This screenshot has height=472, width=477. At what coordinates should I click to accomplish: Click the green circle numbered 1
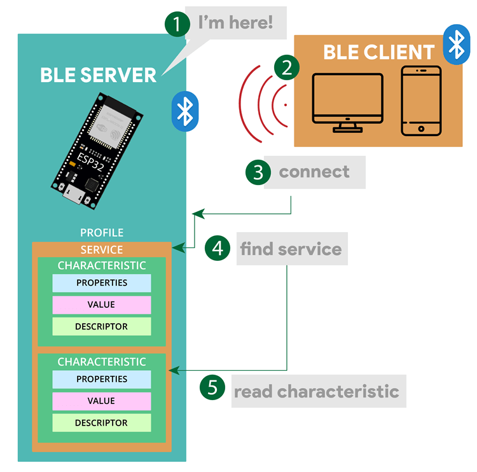pyautogui.click(x=177, y=24)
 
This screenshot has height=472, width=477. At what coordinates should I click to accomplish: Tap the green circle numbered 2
pyautogui.click(x=287, y=68)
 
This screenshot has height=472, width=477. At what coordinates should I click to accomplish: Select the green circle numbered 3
pyautogui.click(x=258, y=172)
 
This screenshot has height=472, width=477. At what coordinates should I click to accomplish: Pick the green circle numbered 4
pyautogui.click(x=218, y=249)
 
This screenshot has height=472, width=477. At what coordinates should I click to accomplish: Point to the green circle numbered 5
pyautogui.click(x=212, y=387)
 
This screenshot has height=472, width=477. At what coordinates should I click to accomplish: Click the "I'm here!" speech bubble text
pyautogui.click(x=235, y=24)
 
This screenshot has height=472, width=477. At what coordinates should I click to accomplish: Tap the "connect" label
pyautogui.click(x=314, y=172)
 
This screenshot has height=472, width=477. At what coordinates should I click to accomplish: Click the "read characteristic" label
pyautogui.click(x=316, y=391)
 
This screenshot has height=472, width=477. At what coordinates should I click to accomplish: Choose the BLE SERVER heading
pyautogui.click(x=98, y=74)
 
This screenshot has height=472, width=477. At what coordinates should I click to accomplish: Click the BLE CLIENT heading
pyautogui.click(x=378, y=52)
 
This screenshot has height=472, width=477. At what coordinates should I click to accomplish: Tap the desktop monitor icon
pyautogui.click(x=347, y=102)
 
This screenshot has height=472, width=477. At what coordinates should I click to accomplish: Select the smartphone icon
pyautogui.click(x=421, y=101)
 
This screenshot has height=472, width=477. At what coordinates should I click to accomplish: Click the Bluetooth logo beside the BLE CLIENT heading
pyautogui.click(x=456, y=45)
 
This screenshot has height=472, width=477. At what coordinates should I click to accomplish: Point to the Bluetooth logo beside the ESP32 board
pyautogui.click(x=184, y=110)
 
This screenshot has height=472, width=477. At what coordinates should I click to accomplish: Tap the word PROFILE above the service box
pyautogui.click(x=102, y=233)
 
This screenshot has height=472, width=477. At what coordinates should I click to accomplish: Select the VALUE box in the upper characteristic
pyautogui.click(x=101, y=305)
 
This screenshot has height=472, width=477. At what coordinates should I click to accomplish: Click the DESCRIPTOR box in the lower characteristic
pyautogui.click(x=101, y=423)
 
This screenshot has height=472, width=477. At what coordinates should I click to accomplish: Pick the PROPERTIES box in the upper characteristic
pyautogui.click(x=101, y=283)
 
